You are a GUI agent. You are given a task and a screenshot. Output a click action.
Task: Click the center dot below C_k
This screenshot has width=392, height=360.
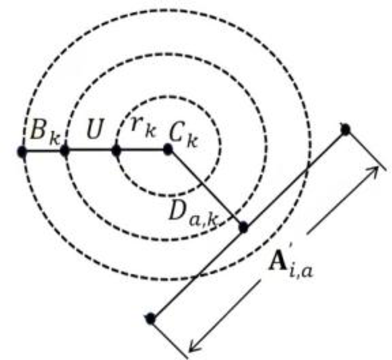[168, 151]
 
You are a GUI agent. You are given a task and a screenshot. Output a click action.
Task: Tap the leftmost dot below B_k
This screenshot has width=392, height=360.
[21, 151]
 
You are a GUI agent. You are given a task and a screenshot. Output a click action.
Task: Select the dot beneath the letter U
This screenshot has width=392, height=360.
[65, 151]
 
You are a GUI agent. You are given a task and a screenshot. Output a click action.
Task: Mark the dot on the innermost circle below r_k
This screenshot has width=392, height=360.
[117, 151]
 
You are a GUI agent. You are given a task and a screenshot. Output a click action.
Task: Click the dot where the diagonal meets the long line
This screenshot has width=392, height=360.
[242, 227]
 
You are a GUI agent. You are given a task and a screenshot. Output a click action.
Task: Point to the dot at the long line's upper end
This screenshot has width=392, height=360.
[346, 129]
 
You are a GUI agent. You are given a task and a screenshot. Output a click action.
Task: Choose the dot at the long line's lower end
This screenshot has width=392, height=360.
[150, 319]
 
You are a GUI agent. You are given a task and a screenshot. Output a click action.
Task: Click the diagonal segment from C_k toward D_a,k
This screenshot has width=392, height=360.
[205, 189]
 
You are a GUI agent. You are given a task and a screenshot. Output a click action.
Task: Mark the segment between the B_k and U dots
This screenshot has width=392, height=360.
[43, 151]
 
